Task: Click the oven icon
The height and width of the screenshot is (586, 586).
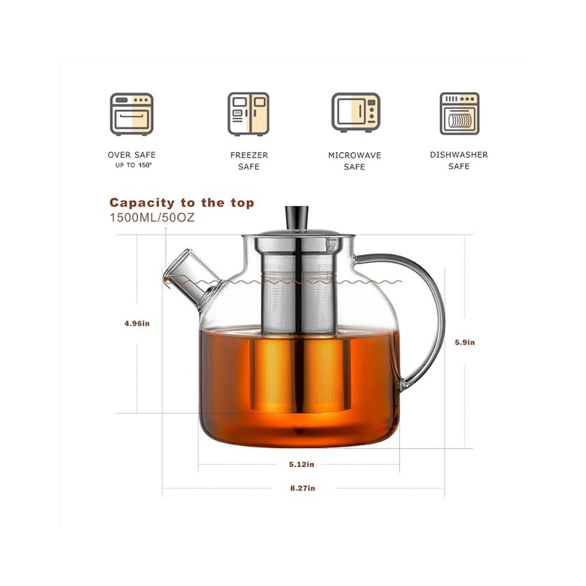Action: point(131,114)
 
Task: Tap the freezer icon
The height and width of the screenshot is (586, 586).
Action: point(249,114)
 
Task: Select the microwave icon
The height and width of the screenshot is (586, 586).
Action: point(355,112)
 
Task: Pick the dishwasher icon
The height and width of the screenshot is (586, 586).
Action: point(460,113)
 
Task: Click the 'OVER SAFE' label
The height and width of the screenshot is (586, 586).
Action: point(131,155)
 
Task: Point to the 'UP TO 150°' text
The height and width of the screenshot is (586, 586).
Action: point(134,165)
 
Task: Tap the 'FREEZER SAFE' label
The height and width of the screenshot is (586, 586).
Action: point(249,161)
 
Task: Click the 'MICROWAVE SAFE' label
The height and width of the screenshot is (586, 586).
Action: point(355,161)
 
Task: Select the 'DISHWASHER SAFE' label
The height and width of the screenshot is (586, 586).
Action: point(459,160)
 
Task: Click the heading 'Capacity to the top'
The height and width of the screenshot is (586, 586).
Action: point(182,203)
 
